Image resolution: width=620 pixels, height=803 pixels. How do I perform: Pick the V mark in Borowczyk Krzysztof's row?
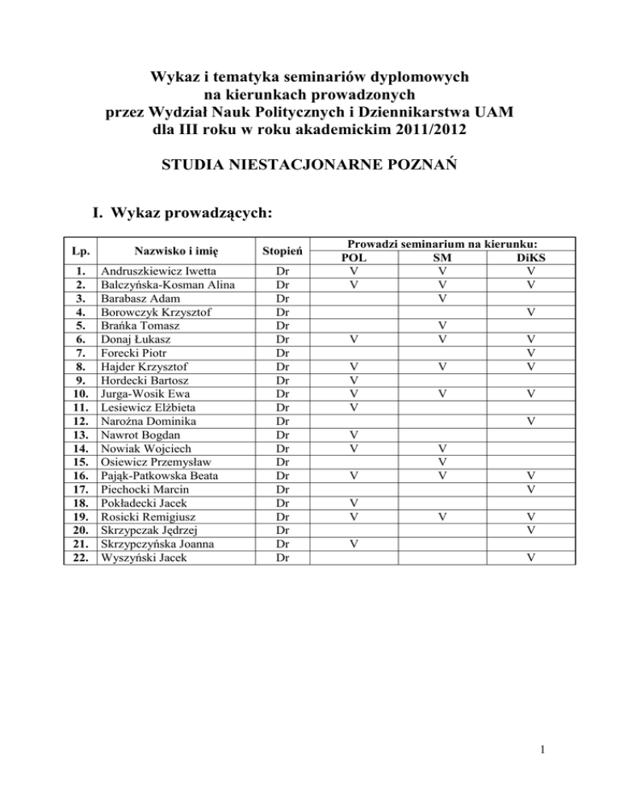[x=530, y=313]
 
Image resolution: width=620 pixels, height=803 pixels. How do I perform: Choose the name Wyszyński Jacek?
[x=143, y=557]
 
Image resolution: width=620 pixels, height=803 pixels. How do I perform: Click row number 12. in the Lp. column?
[x=80, y=421]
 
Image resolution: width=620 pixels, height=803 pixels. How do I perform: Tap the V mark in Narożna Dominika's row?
[x=530, y=421]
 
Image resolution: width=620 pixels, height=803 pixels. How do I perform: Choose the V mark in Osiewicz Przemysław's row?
[x=441, y=461]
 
